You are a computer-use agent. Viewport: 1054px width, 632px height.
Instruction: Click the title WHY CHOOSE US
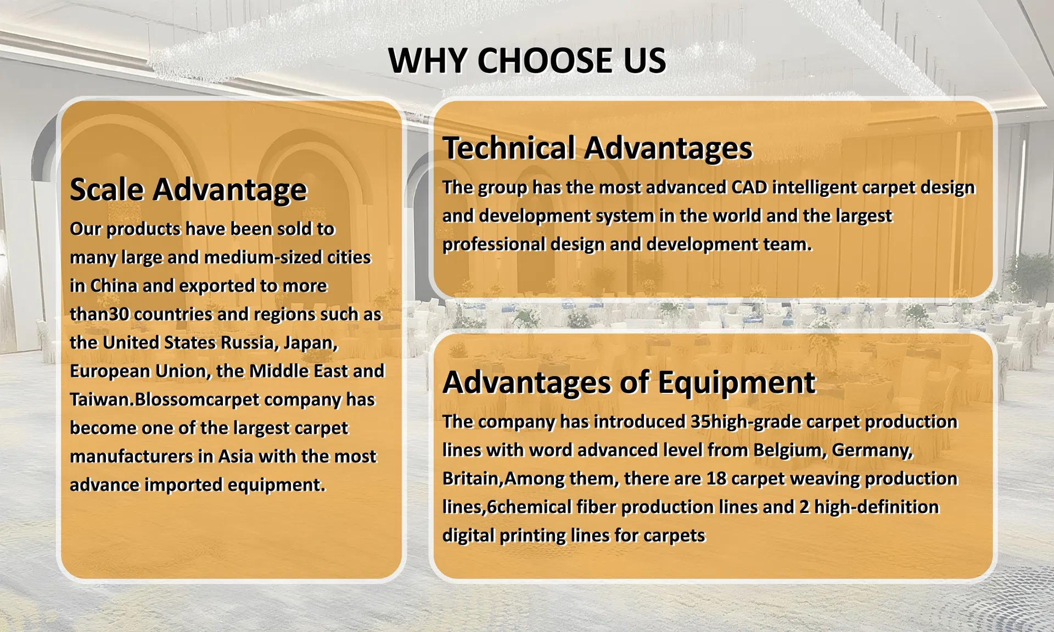click(x=527, y=60)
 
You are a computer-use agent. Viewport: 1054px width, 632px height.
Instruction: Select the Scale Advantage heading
click(x=188, y=190)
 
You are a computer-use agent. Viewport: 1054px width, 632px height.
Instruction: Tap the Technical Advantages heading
click(x=597, y=148)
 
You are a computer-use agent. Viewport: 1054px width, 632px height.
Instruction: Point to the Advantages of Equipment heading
click(x=629, y=382)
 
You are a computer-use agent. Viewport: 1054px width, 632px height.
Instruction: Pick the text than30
click(x=99, y=314)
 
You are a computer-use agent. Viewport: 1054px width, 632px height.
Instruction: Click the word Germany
click(x=872, y=450)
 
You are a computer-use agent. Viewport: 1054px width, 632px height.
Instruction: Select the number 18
click(x=716, y=478)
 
